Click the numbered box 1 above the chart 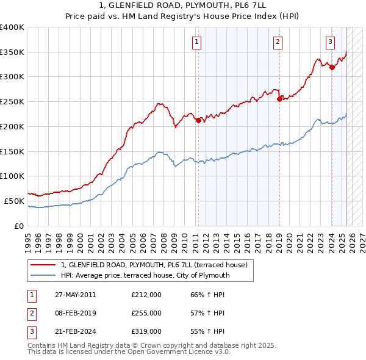click(x=198, y=42)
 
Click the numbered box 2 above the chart click(x=278, y=42)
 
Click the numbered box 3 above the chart click(x=330, y=42)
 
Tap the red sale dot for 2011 click(x=198, y=120)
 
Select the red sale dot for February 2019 click(x=279, y=99)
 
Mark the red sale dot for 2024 click(x=332, y=67)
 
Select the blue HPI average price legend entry click(x=145, y=275)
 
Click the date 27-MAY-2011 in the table click(x=76, y=295)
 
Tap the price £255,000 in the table click(x=146, y=313)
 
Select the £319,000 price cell click(x=146, y=331)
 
